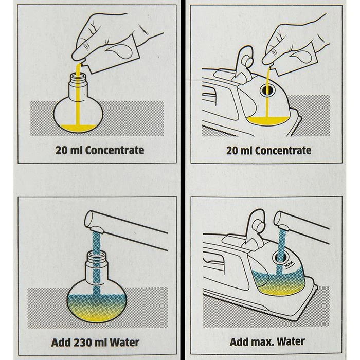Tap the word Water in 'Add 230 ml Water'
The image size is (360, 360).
click(x=124, y=343)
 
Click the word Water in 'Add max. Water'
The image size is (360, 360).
click(x=291, y=341)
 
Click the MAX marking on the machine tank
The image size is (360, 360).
click(x=289, y=264)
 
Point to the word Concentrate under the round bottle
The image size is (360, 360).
click(x=115, y=150)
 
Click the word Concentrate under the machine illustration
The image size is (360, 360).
click(x=283, y=151)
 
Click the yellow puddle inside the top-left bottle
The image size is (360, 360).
click(x=79, y=128)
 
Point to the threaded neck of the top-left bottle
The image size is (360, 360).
click(x=78, y=80)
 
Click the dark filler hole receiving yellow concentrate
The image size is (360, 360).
click(x=268, y=90)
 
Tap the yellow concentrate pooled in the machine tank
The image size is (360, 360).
click(x=268, y=121)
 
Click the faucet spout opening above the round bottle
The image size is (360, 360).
click(x=96, y=229)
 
